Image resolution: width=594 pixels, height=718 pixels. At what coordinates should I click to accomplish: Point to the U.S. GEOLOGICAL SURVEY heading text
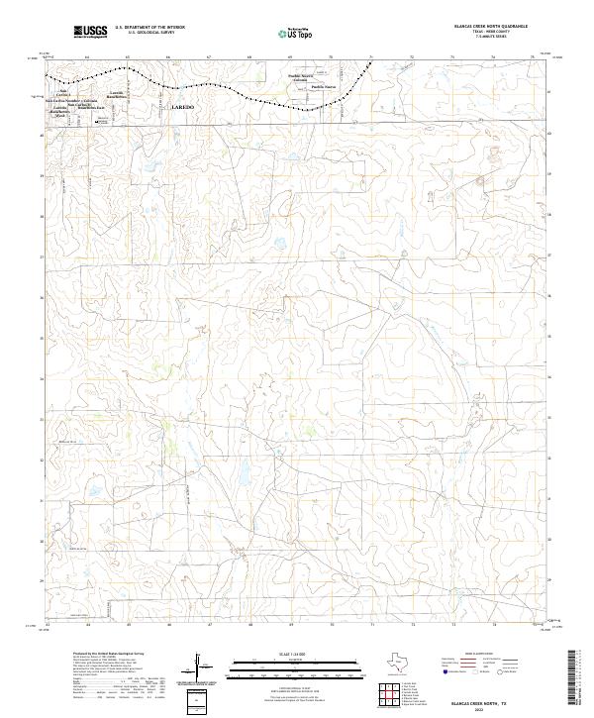pos(149,33)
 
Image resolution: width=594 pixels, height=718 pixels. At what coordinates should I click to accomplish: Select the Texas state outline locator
pos(398,662)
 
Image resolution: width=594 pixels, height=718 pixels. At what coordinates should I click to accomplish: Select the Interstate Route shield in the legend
pos(445,670)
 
